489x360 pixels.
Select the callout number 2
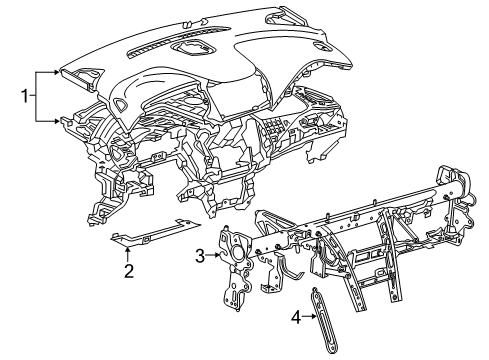click(129, 269)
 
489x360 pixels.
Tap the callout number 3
click(200, 256)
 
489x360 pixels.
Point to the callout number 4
click(295, 318)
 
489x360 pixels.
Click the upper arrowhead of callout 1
click(59, 73)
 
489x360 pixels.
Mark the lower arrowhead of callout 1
click(59, 120)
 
